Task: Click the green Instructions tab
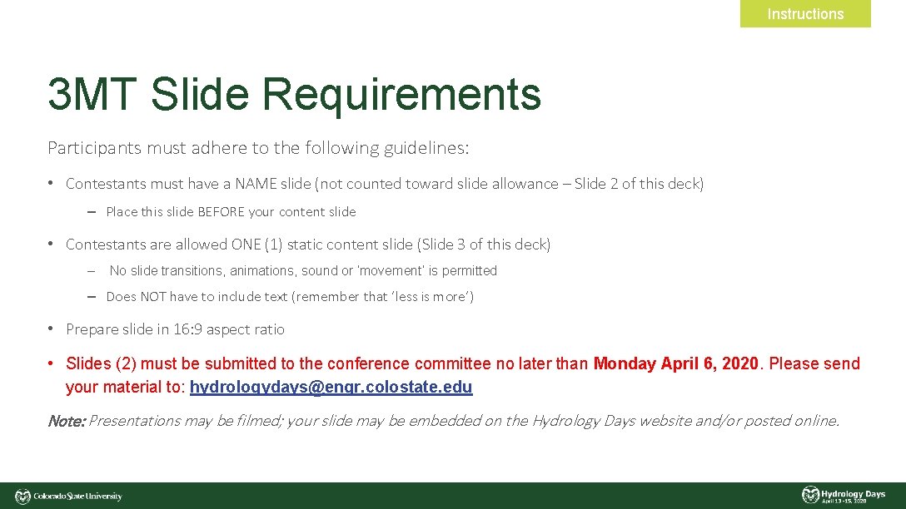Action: coord(805,14)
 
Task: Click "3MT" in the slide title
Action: coord(92,94)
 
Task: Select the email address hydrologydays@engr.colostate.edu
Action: coord(331,387)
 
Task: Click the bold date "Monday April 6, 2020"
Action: coord(676,363)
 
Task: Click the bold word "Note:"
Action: coord(67,421)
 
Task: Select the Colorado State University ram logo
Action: coord(22,497)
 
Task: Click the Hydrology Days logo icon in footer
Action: coord(810,495)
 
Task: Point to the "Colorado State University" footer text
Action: coord(77,497)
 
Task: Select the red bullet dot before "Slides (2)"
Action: coord(51,363)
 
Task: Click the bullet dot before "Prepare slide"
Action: coord(51,329)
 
